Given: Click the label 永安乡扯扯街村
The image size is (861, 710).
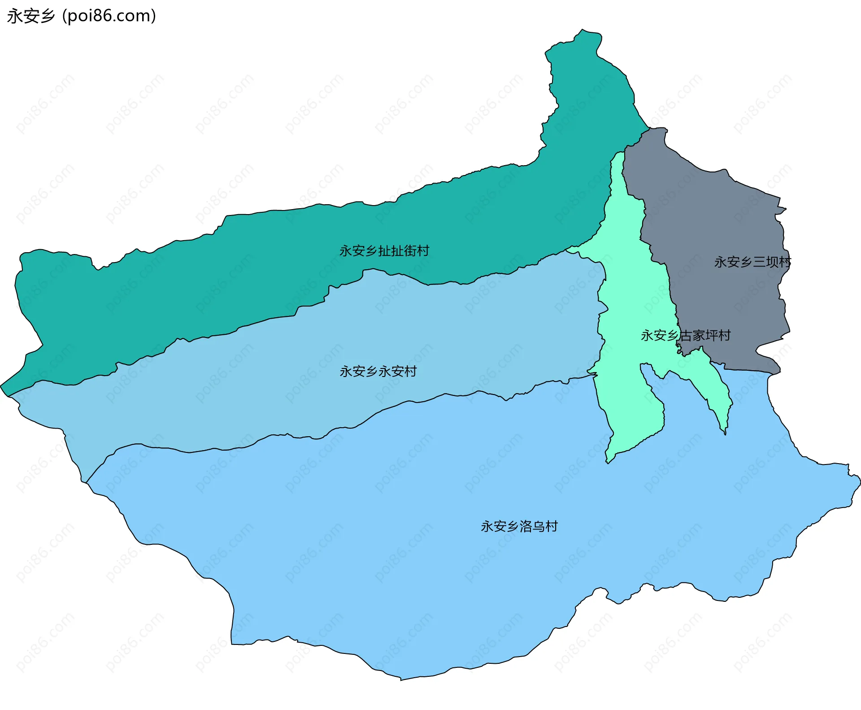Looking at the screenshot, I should pos(384,250).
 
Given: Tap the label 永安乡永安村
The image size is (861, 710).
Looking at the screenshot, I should pos(378,371).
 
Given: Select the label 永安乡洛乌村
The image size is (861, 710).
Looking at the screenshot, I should pos(519,526).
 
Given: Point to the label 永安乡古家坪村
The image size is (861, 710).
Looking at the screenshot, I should pos(685,335).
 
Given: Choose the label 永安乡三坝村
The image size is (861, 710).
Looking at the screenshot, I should pos(752,262).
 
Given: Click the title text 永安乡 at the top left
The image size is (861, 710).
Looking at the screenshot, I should pos(30,16).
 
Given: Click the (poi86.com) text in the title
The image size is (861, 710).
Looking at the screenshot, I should pos(109,16).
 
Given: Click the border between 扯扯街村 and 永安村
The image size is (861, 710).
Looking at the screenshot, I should pos(269,320).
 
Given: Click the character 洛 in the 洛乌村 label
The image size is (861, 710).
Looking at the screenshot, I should pos(526,526).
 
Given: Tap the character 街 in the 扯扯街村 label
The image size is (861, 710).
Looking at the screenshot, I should pos(410,250).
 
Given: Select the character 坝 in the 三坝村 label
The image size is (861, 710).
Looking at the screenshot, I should pos(772,262).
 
